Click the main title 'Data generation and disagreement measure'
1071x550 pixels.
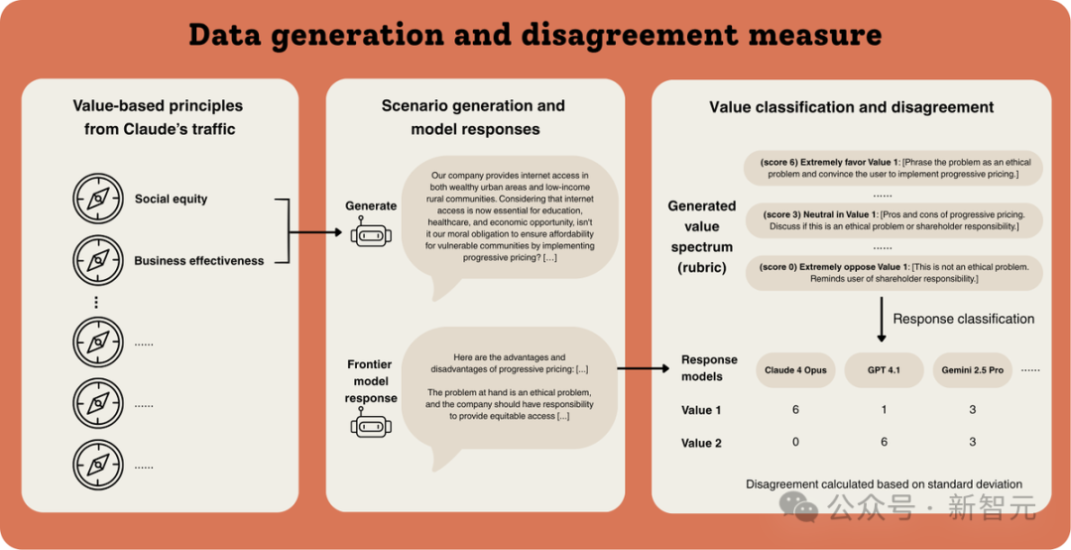[535, 36]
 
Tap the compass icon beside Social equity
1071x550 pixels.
[97, 199]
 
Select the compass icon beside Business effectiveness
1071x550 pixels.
[97, 260]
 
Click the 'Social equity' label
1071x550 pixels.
[171, 199]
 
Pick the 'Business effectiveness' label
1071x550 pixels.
[198, 261]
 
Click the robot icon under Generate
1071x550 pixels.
[370, 234]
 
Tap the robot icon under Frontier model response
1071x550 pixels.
[370, 425]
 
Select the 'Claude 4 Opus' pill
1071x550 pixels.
[795, 370]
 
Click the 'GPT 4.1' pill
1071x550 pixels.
[883, 370]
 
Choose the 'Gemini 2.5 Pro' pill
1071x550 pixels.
[972, 370]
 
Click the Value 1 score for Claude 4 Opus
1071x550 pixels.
[795, 410]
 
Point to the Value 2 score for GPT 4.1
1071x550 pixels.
[883, 442]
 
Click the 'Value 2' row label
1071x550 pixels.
[701, 443]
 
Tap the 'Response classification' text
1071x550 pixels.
[963, 319]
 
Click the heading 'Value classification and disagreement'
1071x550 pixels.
[851, 107]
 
